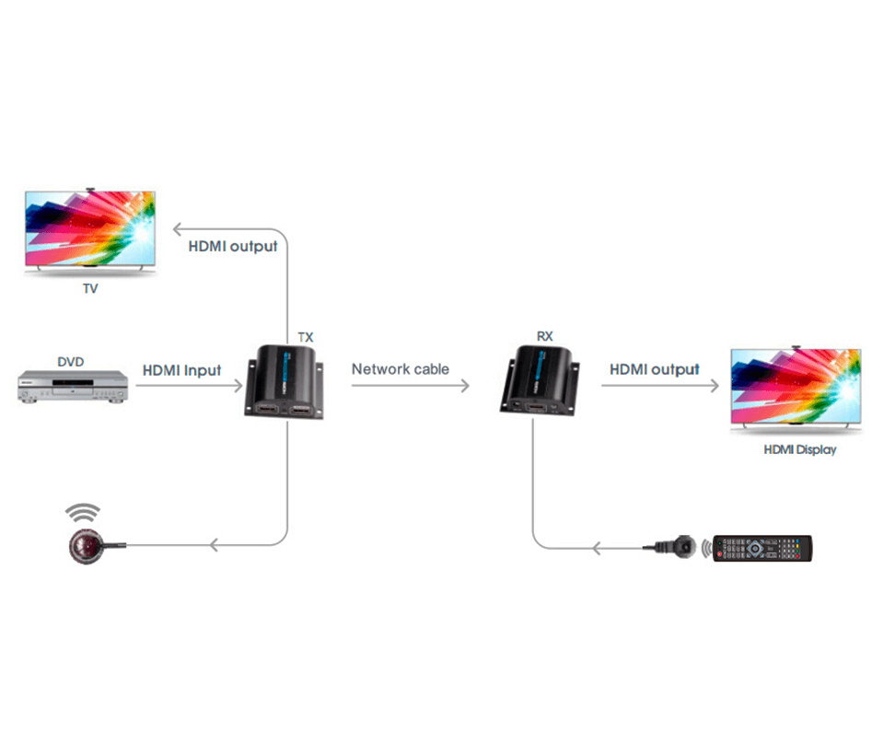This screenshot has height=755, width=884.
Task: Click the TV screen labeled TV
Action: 90,228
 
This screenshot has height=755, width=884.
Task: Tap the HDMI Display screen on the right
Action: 796,388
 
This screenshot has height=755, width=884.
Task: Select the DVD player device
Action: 71,386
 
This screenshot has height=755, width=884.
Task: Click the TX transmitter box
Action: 286,381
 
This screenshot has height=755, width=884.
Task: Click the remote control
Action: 763,549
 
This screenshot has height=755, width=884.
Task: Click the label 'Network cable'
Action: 400,369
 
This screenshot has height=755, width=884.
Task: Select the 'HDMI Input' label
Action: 181,370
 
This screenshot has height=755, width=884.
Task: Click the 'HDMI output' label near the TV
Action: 233,246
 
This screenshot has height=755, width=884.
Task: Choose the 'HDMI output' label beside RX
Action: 655,369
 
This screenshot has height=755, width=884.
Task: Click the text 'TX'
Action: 306,338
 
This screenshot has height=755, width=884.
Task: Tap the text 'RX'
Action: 545,337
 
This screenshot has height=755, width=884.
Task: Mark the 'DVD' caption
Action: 70,362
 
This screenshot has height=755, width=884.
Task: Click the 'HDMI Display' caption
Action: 800,450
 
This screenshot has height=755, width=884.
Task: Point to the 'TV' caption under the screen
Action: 90,289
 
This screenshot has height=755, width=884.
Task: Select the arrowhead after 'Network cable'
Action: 465,385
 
